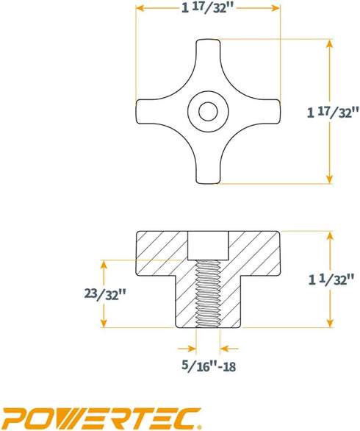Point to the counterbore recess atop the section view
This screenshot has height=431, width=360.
pyautogui.click(x=209, y=243)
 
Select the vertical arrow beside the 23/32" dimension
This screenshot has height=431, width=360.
pyautogui.click(x=106, y=293)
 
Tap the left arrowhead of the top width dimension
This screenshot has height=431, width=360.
pyautogui.click(x=140, y=8)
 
